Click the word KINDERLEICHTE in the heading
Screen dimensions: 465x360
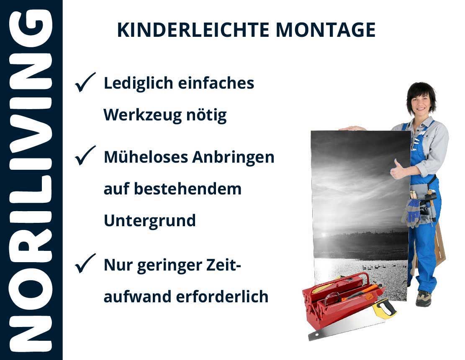point(193,30)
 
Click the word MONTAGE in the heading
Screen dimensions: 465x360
point(326,30)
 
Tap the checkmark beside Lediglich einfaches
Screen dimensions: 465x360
point(85,82)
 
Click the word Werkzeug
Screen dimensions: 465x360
point(142,115)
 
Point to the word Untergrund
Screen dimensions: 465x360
point(150,221)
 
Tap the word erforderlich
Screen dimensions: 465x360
point(222,296)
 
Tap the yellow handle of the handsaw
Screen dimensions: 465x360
point(384,308)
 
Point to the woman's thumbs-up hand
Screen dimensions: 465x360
point(397,169)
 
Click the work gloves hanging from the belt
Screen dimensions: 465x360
point(411,212)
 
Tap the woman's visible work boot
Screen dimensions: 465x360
point(424,298)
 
